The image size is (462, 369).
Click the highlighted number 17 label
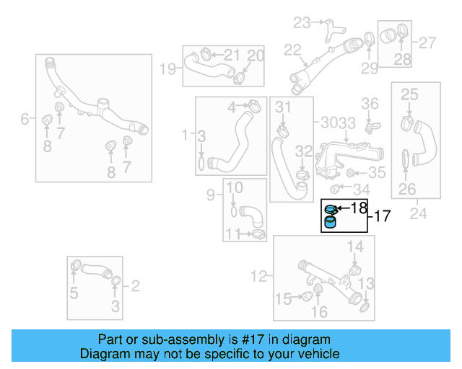click(382, 215)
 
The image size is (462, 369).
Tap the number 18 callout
click(359, 208)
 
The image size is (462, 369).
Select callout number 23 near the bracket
click(300, 22)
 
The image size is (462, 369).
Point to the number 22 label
click(292, 50)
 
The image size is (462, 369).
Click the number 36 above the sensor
click(370, 104)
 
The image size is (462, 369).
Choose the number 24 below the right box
click(417, 213)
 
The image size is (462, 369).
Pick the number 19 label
click(167, 70)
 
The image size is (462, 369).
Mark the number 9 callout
click(211, 195)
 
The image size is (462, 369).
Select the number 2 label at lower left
click(135, 286)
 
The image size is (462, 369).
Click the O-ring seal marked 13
click(366, 308)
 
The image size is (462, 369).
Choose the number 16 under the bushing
click(319, 311)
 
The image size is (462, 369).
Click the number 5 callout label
click(74, 293)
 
